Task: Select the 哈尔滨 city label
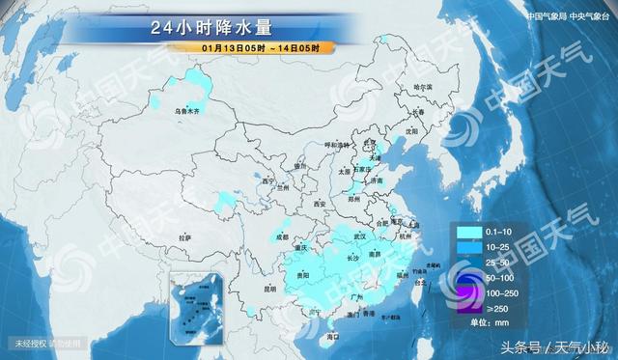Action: pyautogui.click(x=423, y=88)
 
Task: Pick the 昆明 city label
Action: pyautogui.click(x=250, y=287)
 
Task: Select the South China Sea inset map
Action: pyautogui.click(x=199, y=300)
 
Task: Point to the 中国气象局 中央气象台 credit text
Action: pyautogui.click(x=567, y=16)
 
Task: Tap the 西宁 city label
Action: pyautogui.click(x=268, y=181)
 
